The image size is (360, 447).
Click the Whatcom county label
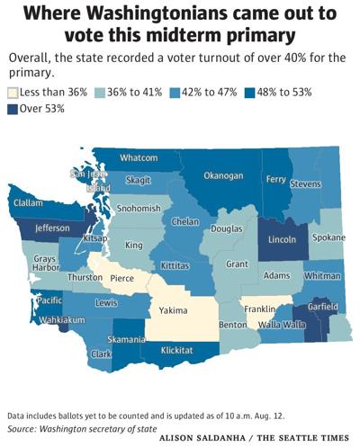139,157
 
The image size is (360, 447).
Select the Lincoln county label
282,241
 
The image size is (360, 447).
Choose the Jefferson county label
52,228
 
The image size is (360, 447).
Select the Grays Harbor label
45,263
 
